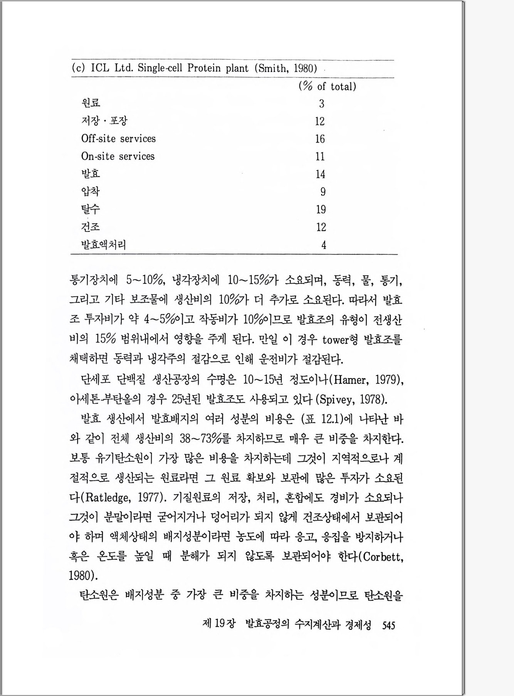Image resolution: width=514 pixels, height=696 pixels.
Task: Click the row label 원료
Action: tap(91, 103)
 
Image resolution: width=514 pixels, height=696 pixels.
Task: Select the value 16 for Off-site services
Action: tap(320, 139)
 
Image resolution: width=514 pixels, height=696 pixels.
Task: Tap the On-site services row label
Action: tap(118, 156)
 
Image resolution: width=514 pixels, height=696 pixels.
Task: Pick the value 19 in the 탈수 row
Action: tap(321, 209)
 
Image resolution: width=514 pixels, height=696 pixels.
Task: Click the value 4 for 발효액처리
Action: tap(324, 245)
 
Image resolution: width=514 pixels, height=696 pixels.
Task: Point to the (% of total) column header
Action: tap(327, 86)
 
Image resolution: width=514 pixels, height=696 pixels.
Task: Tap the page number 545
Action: tap(388, 625)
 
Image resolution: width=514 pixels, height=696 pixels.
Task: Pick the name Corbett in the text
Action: tap(381, 557)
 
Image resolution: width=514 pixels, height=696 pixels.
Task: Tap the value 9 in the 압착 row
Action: tap(323, 192)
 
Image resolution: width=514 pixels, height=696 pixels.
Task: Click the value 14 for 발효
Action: tap(320, 174)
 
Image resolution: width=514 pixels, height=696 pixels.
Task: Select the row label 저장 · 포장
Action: tap(104, 121)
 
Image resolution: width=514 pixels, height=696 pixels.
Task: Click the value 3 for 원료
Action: tap(321, 104)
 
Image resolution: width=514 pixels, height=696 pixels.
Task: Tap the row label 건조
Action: tap(91, 227)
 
